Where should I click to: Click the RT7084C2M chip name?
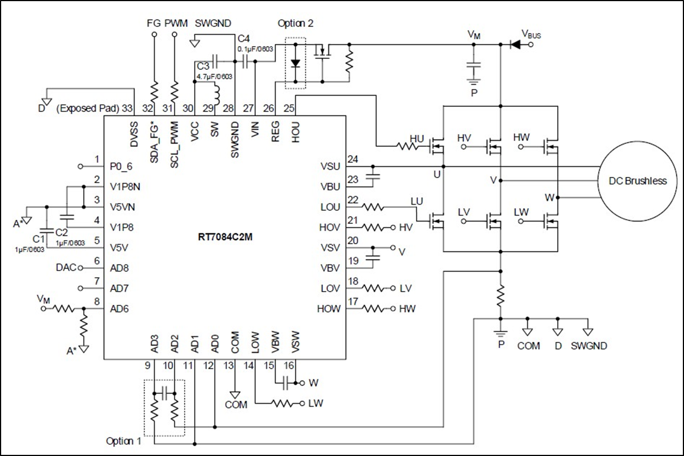[225, 237]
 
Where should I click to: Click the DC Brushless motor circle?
[637, 181]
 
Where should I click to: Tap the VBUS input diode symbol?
[515, 45]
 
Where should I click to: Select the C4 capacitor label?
[244, 39]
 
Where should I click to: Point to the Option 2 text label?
[295, 23]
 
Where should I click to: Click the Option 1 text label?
[124, 441]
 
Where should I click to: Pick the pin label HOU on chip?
[296, 132]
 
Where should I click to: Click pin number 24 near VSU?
[353, 160]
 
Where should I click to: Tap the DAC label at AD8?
[66, 268]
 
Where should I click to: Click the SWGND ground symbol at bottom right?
[588, 332]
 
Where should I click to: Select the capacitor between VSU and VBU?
[373, 176]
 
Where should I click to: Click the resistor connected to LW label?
[282, 404]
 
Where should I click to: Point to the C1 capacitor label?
[38, 239]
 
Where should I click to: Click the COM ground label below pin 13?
[236, 405]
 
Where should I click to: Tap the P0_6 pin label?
[121, 167]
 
